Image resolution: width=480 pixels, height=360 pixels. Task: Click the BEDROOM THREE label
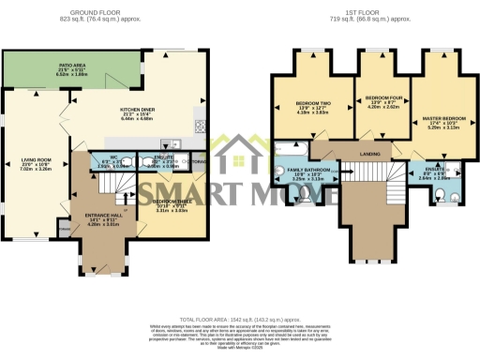coord(171,202)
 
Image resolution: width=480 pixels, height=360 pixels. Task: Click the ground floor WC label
coord(112,158)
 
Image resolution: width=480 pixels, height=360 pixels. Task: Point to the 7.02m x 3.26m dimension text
coord(36,172)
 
